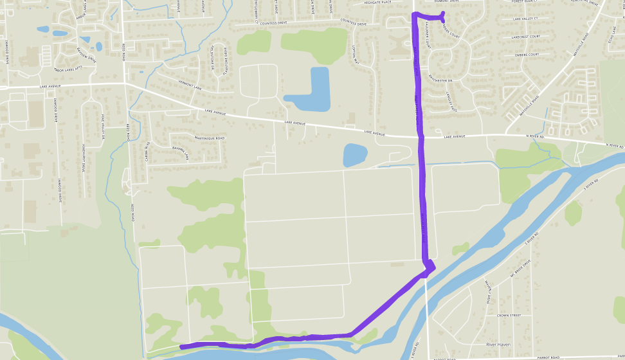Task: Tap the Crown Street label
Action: pyautogui.click(x=509, y=316)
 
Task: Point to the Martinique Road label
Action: pyautogui.click(x=210, y=138)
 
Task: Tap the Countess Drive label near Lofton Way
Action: pyautogui.click(x=354, y=24)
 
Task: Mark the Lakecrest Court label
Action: pyautogui.click(x=527, y=37)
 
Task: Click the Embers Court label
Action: pyautogui.click(x=526, y=54)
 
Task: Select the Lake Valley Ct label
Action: pyautogui.click(x=526, y=19)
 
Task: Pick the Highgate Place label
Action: pyautogui.click(x=377, y=3)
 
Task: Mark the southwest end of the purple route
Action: pyautogui.click(x=182, y=347)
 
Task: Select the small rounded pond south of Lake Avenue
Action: pyautogui.click(x=354, y=155)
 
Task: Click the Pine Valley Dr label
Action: pyautogui.click(x=102, y=126)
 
